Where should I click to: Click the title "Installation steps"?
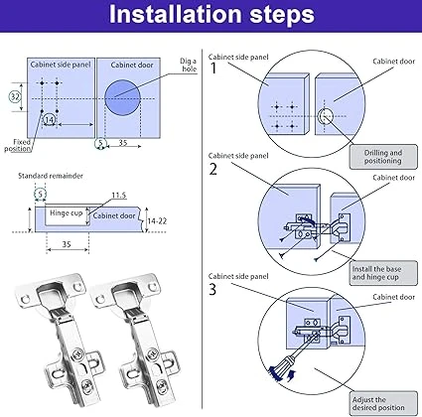tap(211, 15)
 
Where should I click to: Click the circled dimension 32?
tap(15, 96)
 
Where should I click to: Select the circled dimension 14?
tap(49, 119)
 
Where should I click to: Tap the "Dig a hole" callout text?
tap(189, 65)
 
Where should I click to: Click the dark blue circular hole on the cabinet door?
tap(122, 97)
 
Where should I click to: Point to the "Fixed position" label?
tap(19, 145)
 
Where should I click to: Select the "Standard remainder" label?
tap(51, 176)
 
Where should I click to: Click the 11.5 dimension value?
tap(119, 196)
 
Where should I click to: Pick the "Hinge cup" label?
tap(66, 213)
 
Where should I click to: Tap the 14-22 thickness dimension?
tap(157, 220)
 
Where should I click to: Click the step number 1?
tap(213, 69)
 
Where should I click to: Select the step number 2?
tap(213, 169)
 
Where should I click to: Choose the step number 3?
tap(212, 290)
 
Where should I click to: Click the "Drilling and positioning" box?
tap(383, 157)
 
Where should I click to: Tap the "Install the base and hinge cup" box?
tap(383, 273)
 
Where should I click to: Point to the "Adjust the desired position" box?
tap(383, 403)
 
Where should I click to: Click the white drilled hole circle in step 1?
tap(326, 116)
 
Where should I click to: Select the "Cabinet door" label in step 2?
tap(393, 178)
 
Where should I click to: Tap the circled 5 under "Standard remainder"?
tap(41, 194)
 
